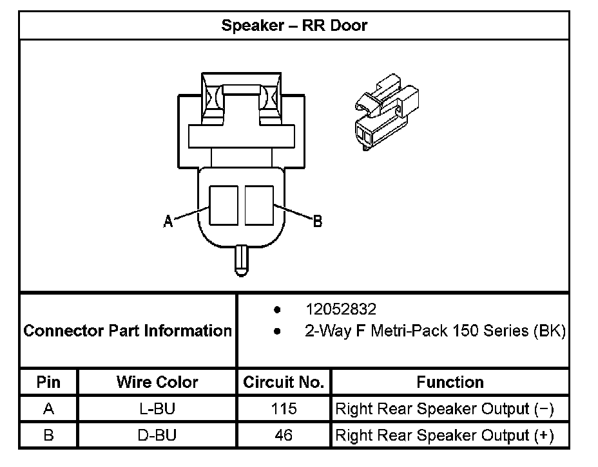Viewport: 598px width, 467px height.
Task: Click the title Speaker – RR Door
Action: tap(294, 26)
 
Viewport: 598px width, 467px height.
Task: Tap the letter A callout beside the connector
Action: tap(168, 221)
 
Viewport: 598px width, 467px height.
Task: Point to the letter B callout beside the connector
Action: tap(318, 221)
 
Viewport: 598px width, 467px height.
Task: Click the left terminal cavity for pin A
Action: tap(224, 206)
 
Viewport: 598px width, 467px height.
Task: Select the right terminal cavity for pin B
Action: tap(259, 206)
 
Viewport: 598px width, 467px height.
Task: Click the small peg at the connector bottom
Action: tap(242, 261)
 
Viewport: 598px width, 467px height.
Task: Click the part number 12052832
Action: tap(341, 309)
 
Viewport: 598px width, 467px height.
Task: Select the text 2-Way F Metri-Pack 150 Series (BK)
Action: tap(435, 331)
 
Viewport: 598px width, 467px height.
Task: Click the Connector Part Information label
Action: tap(128, 331)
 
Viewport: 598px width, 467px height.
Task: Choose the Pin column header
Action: tap(48, 382)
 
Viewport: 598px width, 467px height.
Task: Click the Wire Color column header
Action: tap(157, 382)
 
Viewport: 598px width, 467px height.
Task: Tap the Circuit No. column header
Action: tap(284, 382)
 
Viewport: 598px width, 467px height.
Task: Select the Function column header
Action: tap(450, 382)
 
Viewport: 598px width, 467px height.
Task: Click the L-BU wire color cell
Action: tap(157, 408)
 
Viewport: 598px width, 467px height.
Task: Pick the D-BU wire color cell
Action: tap(157, 435)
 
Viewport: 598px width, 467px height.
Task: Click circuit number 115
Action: tap(284, 408)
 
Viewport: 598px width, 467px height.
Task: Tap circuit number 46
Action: tap(284, 435)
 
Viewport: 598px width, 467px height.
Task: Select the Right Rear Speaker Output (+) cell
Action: tap(445, 435)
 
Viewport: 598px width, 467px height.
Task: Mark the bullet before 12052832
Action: tap(277, 310)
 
